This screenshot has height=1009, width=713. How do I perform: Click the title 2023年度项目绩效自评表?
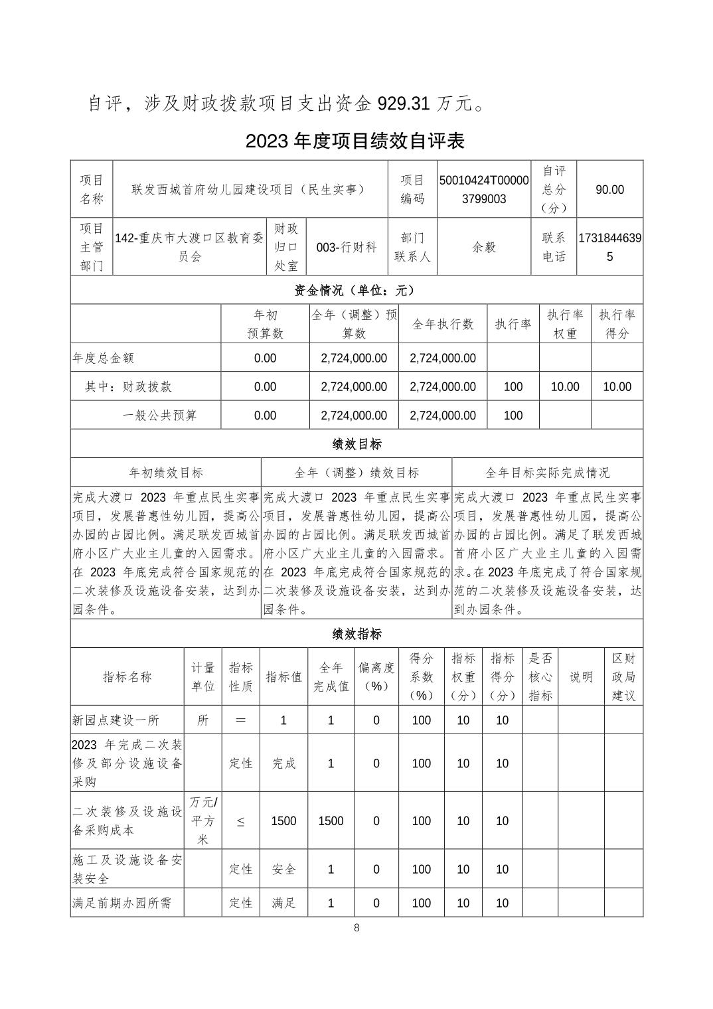pos(355,141)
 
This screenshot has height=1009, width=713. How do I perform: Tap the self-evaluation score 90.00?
pos(609,189)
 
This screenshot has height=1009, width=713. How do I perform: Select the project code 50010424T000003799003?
pos(484,189)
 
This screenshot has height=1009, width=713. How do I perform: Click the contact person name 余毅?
pos(484,247)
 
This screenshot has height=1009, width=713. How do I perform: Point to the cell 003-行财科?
pos(346,247)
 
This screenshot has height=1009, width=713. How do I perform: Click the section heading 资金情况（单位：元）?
pos(356,290)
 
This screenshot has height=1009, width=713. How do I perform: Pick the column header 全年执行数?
pos(443,324)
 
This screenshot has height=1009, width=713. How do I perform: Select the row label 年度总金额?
pos(104,358)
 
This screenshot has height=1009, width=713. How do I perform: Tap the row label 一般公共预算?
pos(160,416)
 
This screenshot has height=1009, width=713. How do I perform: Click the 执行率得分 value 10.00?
pos(617,386)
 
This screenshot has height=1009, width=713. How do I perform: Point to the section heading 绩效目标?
pos(356,443)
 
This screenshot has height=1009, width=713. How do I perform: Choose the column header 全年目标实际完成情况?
pos(547,473)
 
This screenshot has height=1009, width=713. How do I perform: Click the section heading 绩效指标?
pos(356,634)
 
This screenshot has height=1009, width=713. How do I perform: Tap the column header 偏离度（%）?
pos(376,676)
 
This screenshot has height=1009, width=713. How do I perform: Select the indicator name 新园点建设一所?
pos(116,720)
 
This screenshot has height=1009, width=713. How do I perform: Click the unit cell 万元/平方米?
pos(202,820)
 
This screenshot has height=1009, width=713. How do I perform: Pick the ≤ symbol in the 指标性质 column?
pos(240,821)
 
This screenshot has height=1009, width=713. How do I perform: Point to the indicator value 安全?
pos(283,869)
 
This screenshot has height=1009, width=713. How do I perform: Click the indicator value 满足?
pos(283,903)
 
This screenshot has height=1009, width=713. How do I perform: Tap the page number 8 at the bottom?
pos(356,928)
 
